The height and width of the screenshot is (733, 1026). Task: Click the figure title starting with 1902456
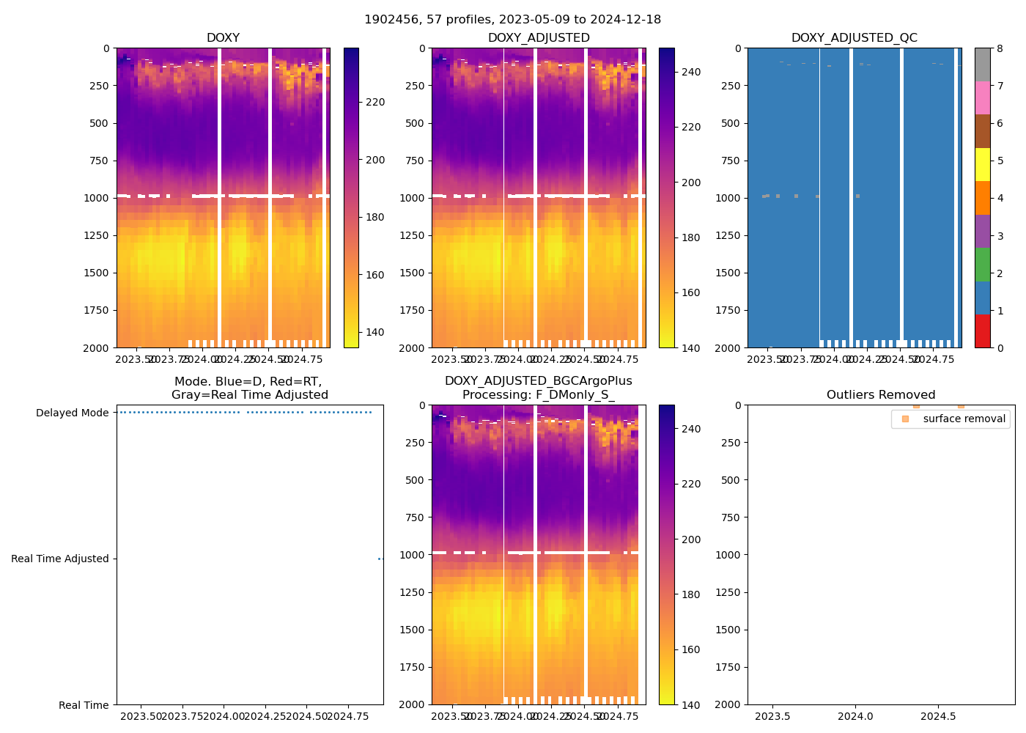coord(512,20)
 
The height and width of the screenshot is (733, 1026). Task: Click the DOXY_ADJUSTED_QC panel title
coord(854,38)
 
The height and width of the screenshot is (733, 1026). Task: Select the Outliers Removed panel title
coord(881,395)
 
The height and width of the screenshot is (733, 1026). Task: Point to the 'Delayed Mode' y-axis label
coord(72,413)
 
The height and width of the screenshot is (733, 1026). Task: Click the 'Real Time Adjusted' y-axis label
coord(60,559)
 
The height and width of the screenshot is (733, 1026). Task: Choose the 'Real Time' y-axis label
coord(84,705)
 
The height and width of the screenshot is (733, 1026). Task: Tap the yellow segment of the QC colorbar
coord(982,164)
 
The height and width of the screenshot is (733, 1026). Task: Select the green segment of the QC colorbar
coord(982,264)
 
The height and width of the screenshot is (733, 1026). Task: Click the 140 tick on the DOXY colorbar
coord(374,332)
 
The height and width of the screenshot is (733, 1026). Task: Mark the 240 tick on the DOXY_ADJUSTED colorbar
coord(690,72)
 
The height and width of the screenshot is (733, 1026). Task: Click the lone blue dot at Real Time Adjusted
coord(380,559)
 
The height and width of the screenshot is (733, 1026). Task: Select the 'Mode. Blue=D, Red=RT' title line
coord(248,382)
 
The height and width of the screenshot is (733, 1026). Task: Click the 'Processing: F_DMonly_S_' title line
coord(538,395)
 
